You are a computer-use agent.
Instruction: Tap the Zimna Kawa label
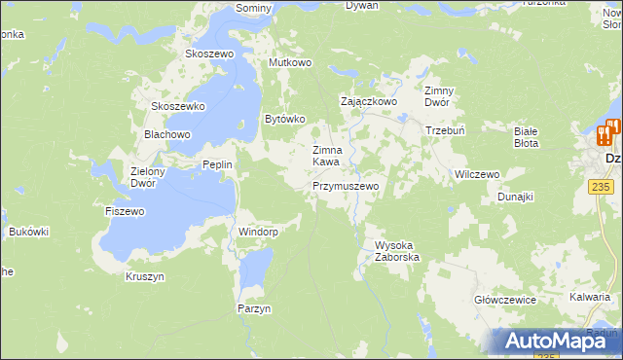[x=326, y=156]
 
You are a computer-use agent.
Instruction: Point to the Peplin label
[x=217, y=164]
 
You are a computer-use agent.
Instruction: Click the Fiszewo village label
[x=125, y=210]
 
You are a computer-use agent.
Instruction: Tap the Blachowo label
[x=166, y=134]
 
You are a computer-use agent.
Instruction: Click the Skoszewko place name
[x=177, y=106]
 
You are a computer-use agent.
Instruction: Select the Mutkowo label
[x=289, y=62]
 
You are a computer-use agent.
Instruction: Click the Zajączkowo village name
[x=368, y=100]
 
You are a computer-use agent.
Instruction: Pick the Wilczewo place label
[x=477, y=174]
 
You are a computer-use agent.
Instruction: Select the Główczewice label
[x=504, y=300]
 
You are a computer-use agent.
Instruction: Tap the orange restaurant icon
[x=606, y=134]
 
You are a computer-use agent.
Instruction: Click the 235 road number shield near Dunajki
[x=600, y=184]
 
